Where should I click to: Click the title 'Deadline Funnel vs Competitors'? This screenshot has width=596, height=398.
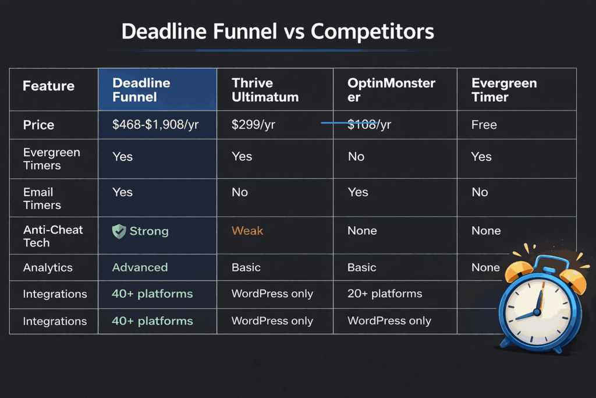click(278, 31)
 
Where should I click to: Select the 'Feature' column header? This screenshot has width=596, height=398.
click(48, 86)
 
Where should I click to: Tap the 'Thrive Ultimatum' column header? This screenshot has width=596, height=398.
click(265, 90)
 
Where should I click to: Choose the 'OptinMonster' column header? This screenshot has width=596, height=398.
click(391, 90)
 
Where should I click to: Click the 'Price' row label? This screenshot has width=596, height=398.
click(38, 125)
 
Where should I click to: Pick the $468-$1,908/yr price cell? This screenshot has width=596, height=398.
click(155, 125)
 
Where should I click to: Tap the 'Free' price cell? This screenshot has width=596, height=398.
click(484, 125)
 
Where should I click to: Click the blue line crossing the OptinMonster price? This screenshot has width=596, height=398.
click(338, 123)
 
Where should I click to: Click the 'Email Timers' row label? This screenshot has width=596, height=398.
click(42, 198)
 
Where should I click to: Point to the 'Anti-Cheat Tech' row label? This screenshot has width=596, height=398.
click(53, 236)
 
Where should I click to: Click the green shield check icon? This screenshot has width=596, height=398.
click(119, 231)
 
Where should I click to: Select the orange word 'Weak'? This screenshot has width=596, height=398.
click(247, 231)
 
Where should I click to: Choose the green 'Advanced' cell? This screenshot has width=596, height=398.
click(140, 267)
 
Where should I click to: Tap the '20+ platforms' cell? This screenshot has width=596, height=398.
click(385, 294)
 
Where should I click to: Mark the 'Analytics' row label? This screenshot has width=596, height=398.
click(48, 268)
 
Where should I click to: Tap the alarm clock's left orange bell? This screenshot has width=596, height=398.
click(516, 270)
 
